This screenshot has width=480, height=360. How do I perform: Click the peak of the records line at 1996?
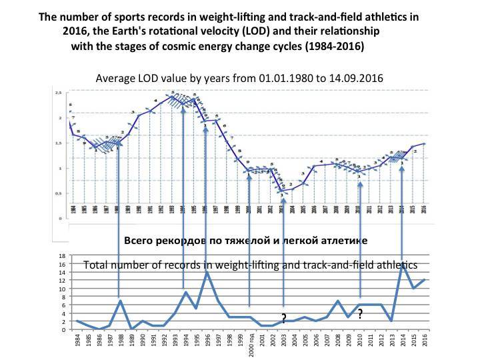point(207,273)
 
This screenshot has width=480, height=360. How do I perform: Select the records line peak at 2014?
point(402,265)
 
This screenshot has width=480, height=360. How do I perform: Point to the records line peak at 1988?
point(119,301)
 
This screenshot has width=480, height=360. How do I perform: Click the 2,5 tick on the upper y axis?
point(59,93)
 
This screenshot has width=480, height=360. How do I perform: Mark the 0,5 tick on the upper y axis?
point(59,193)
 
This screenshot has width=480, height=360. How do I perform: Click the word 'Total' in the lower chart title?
point(97,265)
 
